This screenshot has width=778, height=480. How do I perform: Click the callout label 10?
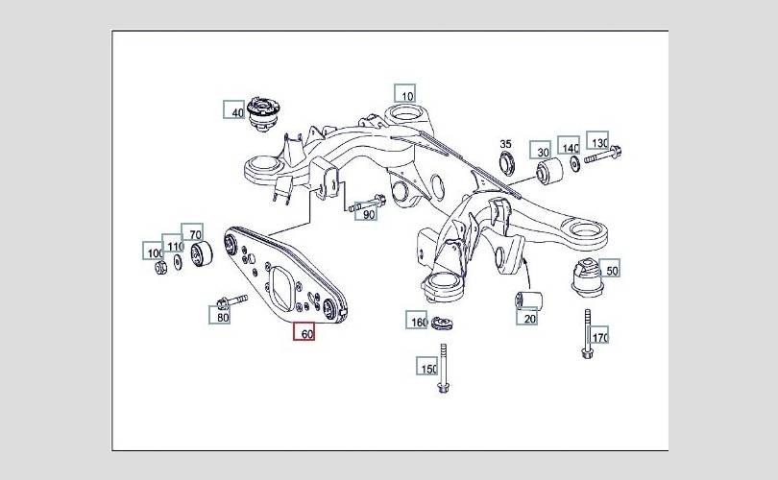(405, 94)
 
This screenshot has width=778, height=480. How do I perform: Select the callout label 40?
(234, 111)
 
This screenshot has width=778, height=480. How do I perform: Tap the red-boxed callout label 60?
(305, 334)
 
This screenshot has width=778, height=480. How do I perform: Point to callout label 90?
(368, 214)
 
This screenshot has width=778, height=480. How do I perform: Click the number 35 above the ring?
(506, 144)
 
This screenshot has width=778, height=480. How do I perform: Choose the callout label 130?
(598, 141)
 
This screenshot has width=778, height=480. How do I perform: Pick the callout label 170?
(599, 337)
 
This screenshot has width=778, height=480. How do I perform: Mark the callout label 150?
(427, 367)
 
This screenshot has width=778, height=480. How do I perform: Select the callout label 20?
(528, 317)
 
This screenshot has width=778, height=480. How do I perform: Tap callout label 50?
(611, 270)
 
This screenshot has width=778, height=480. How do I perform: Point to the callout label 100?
(155, 252)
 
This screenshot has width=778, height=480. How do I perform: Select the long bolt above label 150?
(443, 366)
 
